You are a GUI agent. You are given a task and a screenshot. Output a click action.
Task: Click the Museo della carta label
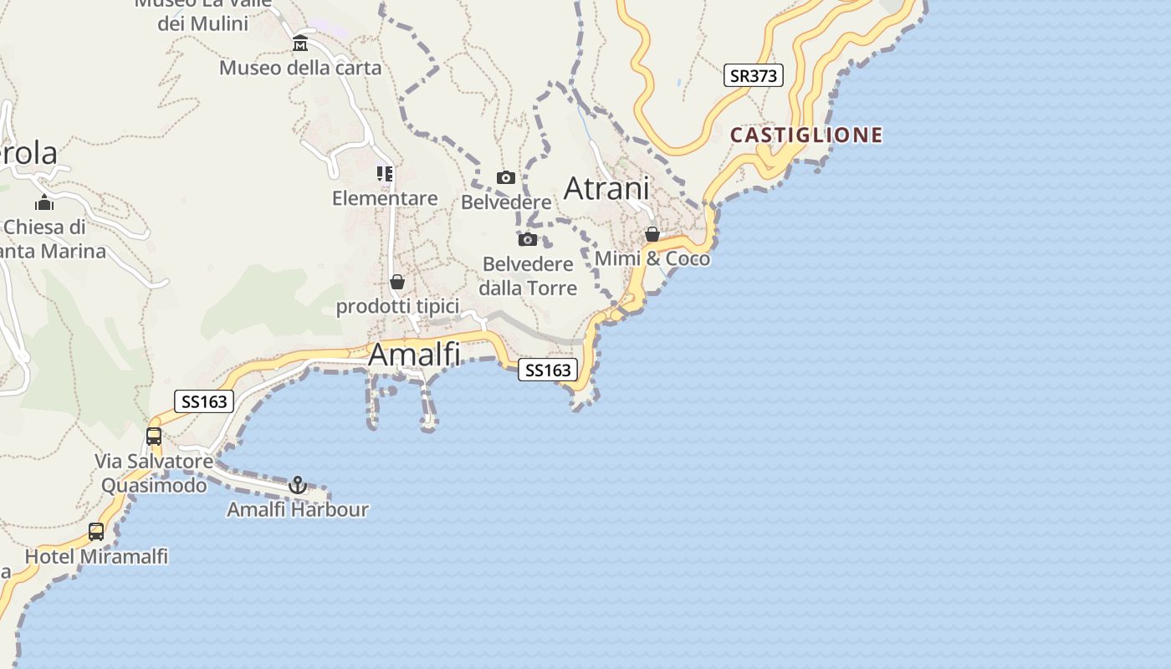tap(300, 68)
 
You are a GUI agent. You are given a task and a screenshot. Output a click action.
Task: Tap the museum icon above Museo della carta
tap(300, 43)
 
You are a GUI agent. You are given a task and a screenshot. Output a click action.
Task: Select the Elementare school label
tap(385, 198)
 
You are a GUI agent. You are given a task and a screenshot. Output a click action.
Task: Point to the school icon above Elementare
tap(385, 174)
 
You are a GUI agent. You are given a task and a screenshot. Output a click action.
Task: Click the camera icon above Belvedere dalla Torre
tap(528, 240)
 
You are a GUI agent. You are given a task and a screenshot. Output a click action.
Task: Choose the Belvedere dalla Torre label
tap(528, 276)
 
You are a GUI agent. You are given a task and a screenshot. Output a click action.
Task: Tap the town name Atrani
tap(606, 188)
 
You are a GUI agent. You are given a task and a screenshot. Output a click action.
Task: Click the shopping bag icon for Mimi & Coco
tap(652, 234)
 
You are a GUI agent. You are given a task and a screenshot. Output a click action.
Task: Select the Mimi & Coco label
tap(652, 258)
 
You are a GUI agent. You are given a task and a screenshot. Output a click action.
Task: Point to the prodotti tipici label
tap(397, 307)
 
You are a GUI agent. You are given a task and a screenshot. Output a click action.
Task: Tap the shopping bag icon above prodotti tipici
tap(397, 282)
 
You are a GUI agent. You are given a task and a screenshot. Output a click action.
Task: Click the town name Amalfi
tap(414, 355)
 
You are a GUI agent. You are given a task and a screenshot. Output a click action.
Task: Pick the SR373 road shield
tap(754, 75)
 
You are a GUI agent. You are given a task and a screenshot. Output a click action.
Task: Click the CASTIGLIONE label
tap(806, 135)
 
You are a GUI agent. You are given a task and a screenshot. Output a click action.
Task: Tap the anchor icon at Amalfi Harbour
tap(298, 485)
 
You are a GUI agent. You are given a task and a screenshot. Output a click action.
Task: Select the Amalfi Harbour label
tap(298, 509)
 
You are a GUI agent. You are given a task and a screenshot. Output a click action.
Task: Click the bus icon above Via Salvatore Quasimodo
tap(154, 436)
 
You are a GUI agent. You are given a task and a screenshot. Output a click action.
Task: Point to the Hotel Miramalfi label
tap(96, 556)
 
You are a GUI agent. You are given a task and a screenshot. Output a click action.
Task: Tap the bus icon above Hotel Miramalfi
tap(96, 531)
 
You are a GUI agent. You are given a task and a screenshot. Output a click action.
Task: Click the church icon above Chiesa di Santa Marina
tap(44, 202)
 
